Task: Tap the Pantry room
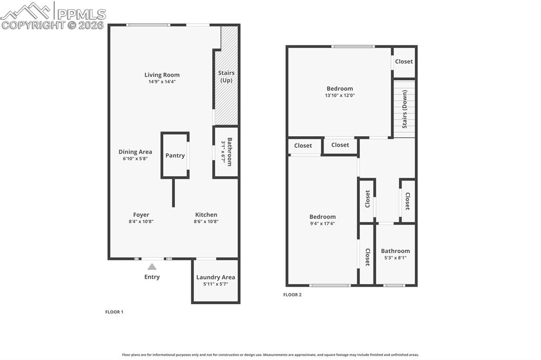pyautogui.click(x=175, y=155)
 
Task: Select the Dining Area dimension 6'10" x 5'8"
pyautogui.click(x=135, y=158)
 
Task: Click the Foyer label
pyautogui.click(x=141, y=215)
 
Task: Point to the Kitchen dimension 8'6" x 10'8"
pyautogui.click(x=206, y=222)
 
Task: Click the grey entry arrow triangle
pyautogui.click(x=152, y=267)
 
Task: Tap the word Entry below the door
pyautogui.click(x=152, y=277)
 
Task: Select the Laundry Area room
pyautogui.click(x=216, y=280)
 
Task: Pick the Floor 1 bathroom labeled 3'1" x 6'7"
pyautogui.click(x=226, y=152)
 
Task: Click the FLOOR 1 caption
pyautogui.click(x=114, y=312)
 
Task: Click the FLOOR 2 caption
pyautogui.click(x=292, y=295)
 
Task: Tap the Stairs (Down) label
pyautogui.click(x=405, y=109)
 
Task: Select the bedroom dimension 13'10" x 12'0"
pyautogui.click(x=339, y=96)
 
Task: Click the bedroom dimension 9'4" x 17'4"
pyautogui.click(x=322, y=223)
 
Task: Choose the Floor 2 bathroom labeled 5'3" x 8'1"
pyautogui.click(x=395, y=254)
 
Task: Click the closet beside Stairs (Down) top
pyautogui.click(x=404, y=61)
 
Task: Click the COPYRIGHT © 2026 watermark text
pyautogui.click(x=53, y=25)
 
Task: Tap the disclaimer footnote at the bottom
pyautogui.click(x=270, y=355)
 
